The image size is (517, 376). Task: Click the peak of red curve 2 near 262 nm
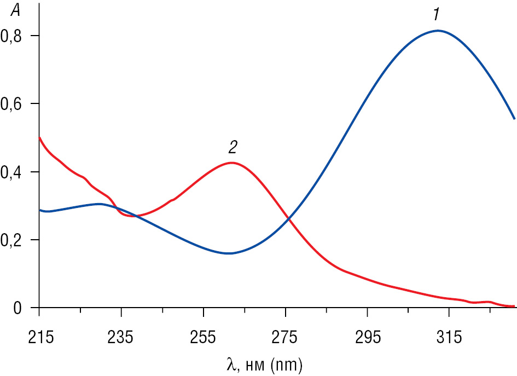tap(232, 163)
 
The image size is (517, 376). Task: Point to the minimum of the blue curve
tap(229, 253)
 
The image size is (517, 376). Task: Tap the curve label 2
tap(233, 147)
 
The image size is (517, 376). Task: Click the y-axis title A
tap(15, 9)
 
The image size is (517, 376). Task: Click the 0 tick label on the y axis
tap(18, 309)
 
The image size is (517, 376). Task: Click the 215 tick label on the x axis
tap(39, 338)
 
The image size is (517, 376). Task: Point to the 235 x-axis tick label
tap(121, 338)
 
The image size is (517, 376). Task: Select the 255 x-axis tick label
tap(203, 338)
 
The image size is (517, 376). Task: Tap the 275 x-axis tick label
tap(285, 338)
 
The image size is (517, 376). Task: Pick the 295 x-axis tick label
tap(367, 338)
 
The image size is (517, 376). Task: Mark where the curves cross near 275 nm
tap(288, 219)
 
